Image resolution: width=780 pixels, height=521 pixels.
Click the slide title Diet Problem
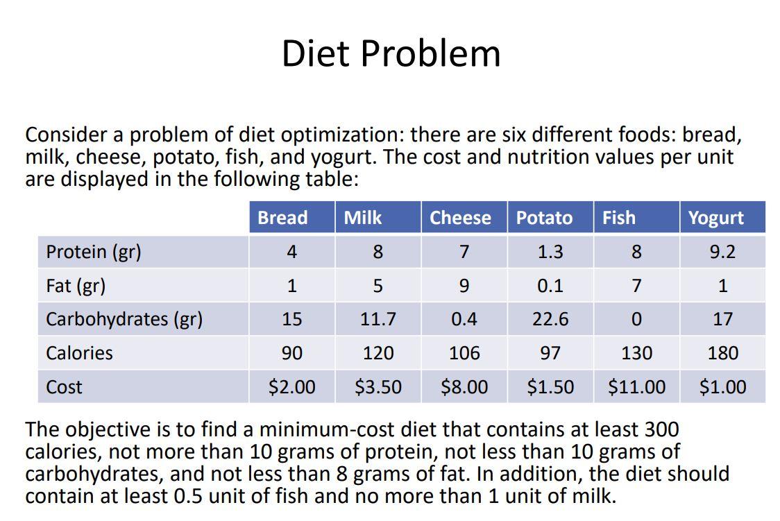coord(391,53)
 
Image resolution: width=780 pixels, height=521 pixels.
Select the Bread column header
coord(282,218)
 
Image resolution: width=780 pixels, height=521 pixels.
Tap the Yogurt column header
coord(715,218)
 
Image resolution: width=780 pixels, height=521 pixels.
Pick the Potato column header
coord(544,218)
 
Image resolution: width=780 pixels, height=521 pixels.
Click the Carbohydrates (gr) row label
coord(124,319)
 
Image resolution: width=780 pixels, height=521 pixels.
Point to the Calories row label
coord(79,353)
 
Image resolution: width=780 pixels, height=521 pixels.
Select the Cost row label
coord(64,387)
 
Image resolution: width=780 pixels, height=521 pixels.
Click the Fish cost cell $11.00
coord(636,387)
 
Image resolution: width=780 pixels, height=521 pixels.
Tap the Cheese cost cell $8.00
coord(464,387)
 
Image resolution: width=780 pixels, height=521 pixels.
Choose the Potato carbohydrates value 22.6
coord(550,319)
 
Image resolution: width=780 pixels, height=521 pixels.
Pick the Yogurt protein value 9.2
coord(722,251)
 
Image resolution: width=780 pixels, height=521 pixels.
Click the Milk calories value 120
coord(378,353)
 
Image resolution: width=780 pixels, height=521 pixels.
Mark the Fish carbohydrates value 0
coord(636,319)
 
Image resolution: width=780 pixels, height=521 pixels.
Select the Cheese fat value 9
coord(464,285)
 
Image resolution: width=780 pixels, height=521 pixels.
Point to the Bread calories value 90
coord(291,353)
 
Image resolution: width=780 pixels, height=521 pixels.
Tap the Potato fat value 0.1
coord(550,285)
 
